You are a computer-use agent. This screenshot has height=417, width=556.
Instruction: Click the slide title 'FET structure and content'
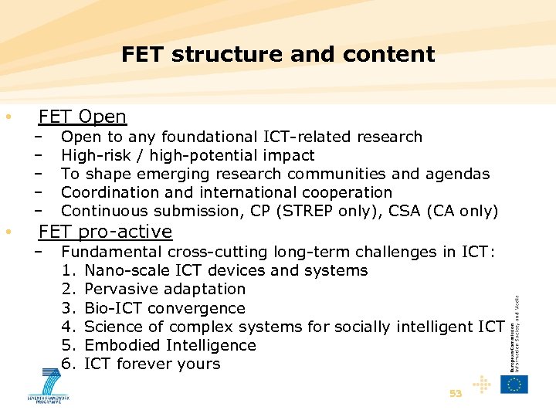tap(278, 55)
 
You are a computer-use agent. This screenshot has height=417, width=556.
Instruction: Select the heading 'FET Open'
tap(82, 117)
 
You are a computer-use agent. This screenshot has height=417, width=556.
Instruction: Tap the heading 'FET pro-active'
tap(105, 232)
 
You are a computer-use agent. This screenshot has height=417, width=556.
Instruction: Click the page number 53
tap(456, 393)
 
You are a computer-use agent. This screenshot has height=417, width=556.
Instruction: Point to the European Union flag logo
tap(514, 385)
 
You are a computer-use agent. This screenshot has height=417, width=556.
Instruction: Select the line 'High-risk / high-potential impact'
tap(188, 155)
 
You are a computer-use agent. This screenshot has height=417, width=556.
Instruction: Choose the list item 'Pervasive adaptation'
tap(164, 290)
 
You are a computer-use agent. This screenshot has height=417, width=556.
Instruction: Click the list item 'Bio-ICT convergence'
tap(164, 308)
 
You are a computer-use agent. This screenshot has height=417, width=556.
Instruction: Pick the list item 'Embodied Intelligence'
tap(170, 345)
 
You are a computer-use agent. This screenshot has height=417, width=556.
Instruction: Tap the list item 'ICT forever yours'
tap(152, 364)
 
